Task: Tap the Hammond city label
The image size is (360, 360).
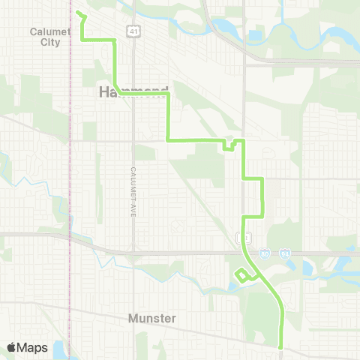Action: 133,91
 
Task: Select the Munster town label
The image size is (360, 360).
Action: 152,319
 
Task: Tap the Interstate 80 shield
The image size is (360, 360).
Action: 265,255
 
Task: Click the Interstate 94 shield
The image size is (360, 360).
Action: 285,255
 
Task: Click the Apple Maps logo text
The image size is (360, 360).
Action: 27,347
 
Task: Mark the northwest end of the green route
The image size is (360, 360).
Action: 78,12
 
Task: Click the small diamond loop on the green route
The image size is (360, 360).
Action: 243,274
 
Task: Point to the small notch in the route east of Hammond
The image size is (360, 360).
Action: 228,146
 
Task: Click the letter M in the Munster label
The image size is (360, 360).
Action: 133,319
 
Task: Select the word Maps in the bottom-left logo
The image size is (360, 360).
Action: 33,347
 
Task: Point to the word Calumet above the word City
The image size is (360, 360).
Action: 49,31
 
